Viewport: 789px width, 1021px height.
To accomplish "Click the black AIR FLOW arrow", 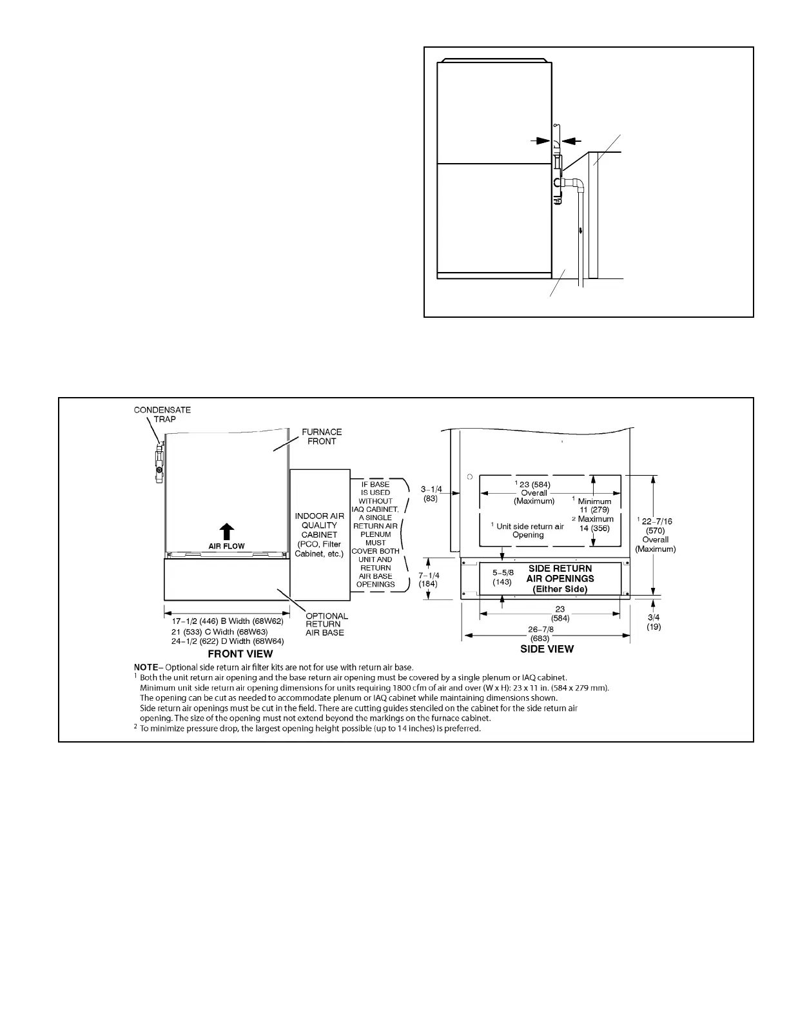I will [x=226, y=532].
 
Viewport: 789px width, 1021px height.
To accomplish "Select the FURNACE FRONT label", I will [x=322, y=436].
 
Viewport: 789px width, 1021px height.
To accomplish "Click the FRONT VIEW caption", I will [x=240, y=654].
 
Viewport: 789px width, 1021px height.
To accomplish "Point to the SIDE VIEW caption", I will [x=547, y=649].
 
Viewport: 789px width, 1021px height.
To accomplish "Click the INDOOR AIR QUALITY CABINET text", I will [x=319, y=534].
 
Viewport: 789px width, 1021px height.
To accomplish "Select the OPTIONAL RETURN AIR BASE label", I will [x=326, y=624].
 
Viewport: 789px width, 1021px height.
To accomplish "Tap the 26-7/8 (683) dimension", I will [x=540, y=634].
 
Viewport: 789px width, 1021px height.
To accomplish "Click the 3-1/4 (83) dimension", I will [x=431, y=494].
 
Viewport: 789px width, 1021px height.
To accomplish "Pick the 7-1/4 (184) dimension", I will [x=429, y=579].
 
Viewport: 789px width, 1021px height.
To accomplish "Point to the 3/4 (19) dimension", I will [x=653, y=622].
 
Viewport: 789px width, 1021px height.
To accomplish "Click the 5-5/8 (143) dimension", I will [x=502, y=577].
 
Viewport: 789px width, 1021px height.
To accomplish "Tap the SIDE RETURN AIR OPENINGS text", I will [x=560, y=578].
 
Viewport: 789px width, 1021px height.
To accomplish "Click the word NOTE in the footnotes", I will [x=148, y=667].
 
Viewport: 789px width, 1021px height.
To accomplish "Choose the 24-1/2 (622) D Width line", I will [x=228, y=641].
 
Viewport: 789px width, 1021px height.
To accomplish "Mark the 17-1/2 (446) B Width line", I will [x=228, y=621].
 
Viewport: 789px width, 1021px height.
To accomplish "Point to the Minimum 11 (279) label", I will [x=594, y=505].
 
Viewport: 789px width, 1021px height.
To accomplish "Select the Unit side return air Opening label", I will [x=528, y=530].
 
